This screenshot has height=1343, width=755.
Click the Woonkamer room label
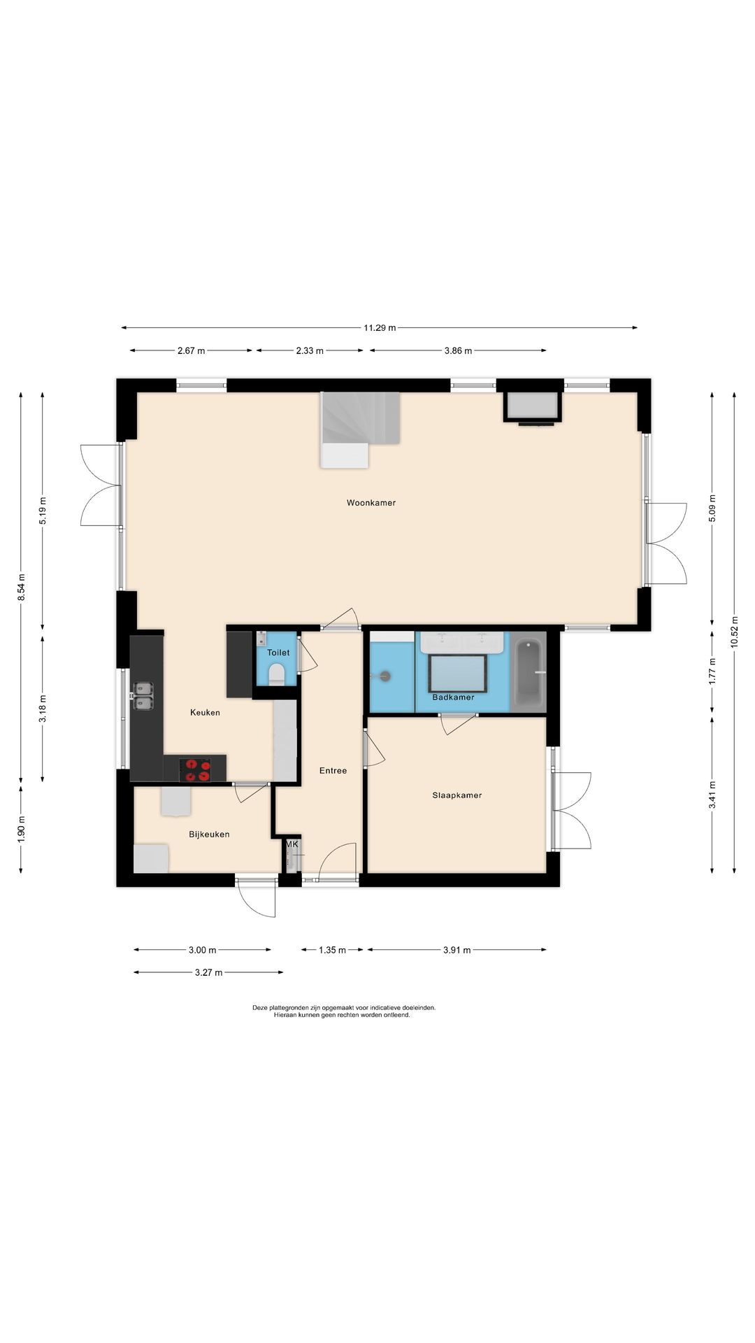pyautogui.click(x=371, y=503)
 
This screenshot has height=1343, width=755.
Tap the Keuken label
pyautogui.click(x=205, y=713)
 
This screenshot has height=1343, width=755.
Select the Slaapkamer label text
pyautogui.click(x=457, y=795)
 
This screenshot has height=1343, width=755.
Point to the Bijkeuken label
pyautogui.click(x=209, y=834)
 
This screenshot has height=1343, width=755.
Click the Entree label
pyautogui.click(x=333, y=771)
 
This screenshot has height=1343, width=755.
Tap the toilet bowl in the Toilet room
pyautogui.click(x=277, y=674)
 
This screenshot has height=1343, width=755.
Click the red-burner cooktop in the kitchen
pyautogui.click(x=195, y=769)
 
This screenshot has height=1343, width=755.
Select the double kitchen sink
pyautogui.click(x=143, y=696)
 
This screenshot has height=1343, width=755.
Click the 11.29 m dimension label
pyautogui.click(x=380, y=327)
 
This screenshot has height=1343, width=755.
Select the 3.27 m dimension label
pyautogui.click(x=209, y=972)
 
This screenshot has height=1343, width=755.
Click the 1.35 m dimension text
pyautogui.click(x=332, y=950)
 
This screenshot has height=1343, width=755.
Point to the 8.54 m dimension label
pyautogui.click(x=22, y=588)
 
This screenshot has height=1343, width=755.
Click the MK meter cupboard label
pyautogui.click(x=292, y=844)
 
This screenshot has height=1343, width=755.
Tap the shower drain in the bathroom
pyautogui.click(x=384, y=676)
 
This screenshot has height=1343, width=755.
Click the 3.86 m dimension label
pyautogui.click(x=458, y=350)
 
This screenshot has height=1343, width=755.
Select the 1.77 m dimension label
pyautogui.click(x=712, y=671)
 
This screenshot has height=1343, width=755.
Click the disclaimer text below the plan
pyautogui.click(x=344, y=1011)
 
